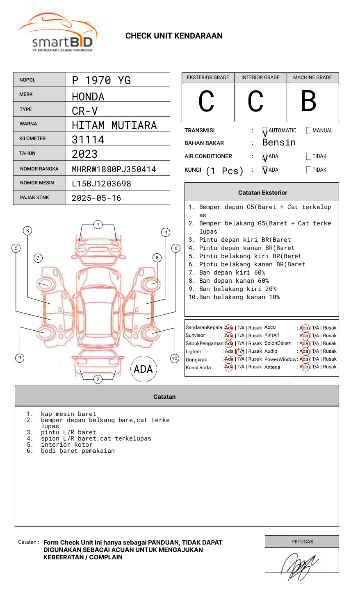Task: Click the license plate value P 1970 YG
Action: click(101, 80)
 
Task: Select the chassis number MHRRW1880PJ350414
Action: click(114, 169)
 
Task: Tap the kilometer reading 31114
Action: click(88, 140)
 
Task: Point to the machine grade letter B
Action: click(309, 101)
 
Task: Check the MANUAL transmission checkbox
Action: click(309, 131)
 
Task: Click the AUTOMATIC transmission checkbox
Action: click(264, 131)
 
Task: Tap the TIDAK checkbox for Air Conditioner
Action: click(309, 157)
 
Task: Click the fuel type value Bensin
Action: click(279, 143)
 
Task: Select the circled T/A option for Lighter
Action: click(240, 351)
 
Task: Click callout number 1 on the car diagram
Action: click(98, 225)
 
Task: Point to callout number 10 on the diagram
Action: click(175, 359)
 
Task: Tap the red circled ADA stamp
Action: click(144, 369)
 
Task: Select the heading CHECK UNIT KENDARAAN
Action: click(174, 36)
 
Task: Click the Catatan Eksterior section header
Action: click(262, 193)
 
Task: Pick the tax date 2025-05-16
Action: click(96, 198)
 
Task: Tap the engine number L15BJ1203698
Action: click(101, 184)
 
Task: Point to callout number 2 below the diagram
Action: click(98, 379)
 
